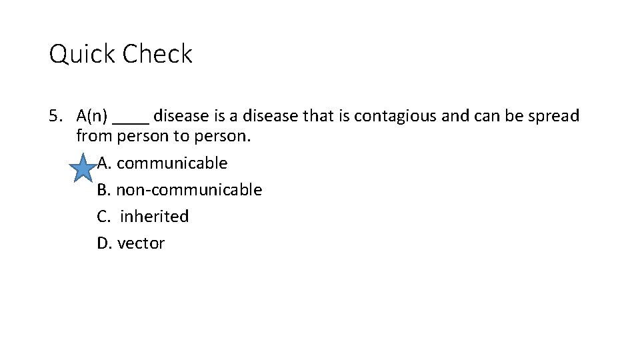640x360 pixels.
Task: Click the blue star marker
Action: coord(83,167)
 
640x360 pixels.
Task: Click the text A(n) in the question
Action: coord(92,116)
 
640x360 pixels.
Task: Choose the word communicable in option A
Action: coord(172,163)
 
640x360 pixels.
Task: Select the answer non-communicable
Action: coord(189,190)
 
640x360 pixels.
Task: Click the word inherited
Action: coord(155,217)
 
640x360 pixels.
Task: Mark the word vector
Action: coord(141,243)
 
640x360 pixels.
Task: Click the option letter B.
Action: coord(103,190)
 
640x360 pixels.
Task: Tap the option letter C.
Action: coord(103,217)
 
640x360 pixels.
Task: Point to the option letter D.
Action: coord(104,243)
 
